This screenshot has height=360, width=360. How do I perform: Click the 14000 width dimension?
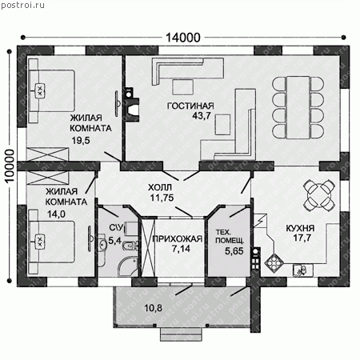pos(183,38)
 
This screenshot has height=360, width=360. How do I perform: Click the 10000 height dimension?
pos(10,166)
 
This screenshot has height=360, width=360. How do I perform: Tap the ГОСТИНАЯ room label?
pos(190,106)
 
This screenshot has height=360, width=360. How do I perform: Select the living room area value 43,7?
pos(202,115)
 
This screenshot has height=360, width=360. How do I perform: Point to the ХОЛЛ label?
pos(160,187)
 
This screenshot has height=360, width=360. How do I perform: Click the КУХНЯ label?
pos(300,228)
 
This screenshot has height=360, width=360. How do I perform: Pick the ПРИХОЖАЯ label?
pos(178,239)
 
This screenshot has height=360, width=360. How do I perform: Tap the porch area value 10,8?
pos(154,308)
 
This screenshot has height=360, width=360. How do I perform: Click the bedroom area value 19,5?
pos(81,140)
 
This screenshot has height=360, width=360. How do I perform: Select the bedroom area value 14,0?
pos(56,214)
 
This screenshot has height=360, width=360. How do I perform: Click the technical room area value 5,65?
pos(234,251)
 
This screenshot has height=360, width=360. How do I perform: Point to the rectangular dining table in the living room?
pos(298,107)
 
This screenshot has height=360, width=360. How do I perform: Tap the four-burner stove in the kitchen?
pos(273,262)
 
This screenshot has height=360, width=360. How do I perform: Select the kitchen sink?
pos(303,270)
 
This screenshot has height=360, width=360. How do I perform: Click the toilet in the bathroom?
pos(130,246)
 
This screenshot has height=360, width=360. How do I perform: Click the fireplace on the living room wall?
pos(132,105)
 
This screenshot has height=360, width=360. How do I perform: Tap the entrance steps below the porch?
pos(181,334)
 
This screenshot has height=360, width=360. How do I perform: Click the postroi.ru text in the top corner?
pos(23,5)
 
